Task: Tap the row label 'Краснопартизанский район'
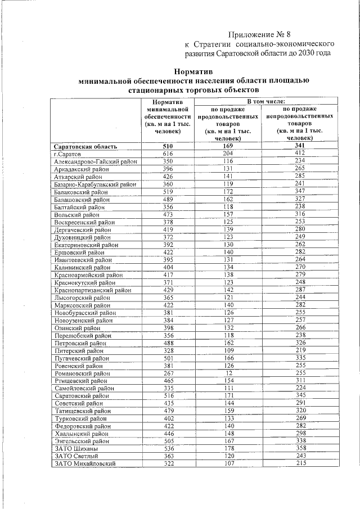[92, 290]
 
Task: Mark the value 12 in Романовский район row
[228, 373]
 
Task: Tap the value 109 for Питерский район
[228, 350]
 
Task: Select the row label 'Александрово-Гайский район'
[96, 161]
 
